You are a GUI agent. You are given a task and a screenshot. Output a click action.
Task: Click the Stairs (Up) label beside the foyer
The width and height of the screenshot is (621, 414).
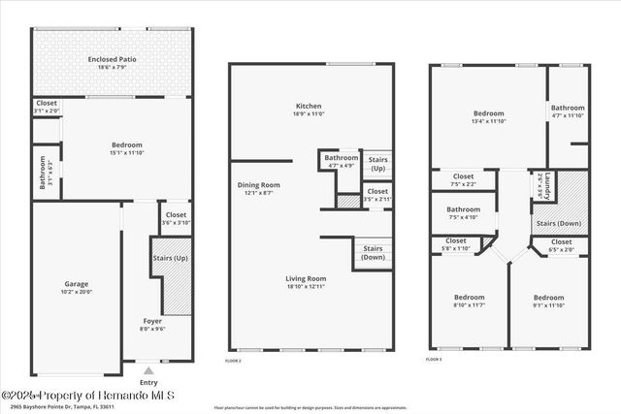171,259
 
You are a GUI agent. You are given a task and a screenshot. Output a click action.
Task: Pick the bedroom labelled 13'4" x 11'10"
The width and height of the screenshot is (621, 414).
489,117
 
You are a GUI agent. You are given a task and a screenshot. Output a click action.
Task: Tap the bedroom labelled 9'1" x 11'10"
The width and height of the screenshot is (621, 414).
549,302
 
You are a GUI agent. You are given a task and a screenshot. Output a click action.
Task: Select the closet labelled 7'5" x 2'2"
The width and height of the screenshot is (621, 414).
463,180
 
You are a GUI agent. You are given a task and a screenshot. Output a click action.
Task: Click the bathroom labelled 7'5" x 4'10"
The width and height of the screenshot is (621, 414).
463,212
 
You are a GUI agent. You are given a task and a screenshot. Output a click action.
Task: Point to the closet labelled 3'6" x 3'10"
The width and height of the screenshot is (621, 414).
176,218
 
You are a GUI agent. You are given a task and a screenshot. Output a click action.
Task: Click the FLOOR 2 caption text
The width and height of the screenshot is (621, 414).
233,360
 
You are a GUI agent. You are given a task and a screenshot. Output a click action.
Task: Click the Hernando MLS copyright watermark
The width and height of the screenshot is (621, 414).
87,396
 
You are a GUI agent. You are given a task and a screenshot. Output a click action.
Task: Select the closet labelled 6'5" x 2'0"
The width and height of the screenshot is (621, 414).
562,244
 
